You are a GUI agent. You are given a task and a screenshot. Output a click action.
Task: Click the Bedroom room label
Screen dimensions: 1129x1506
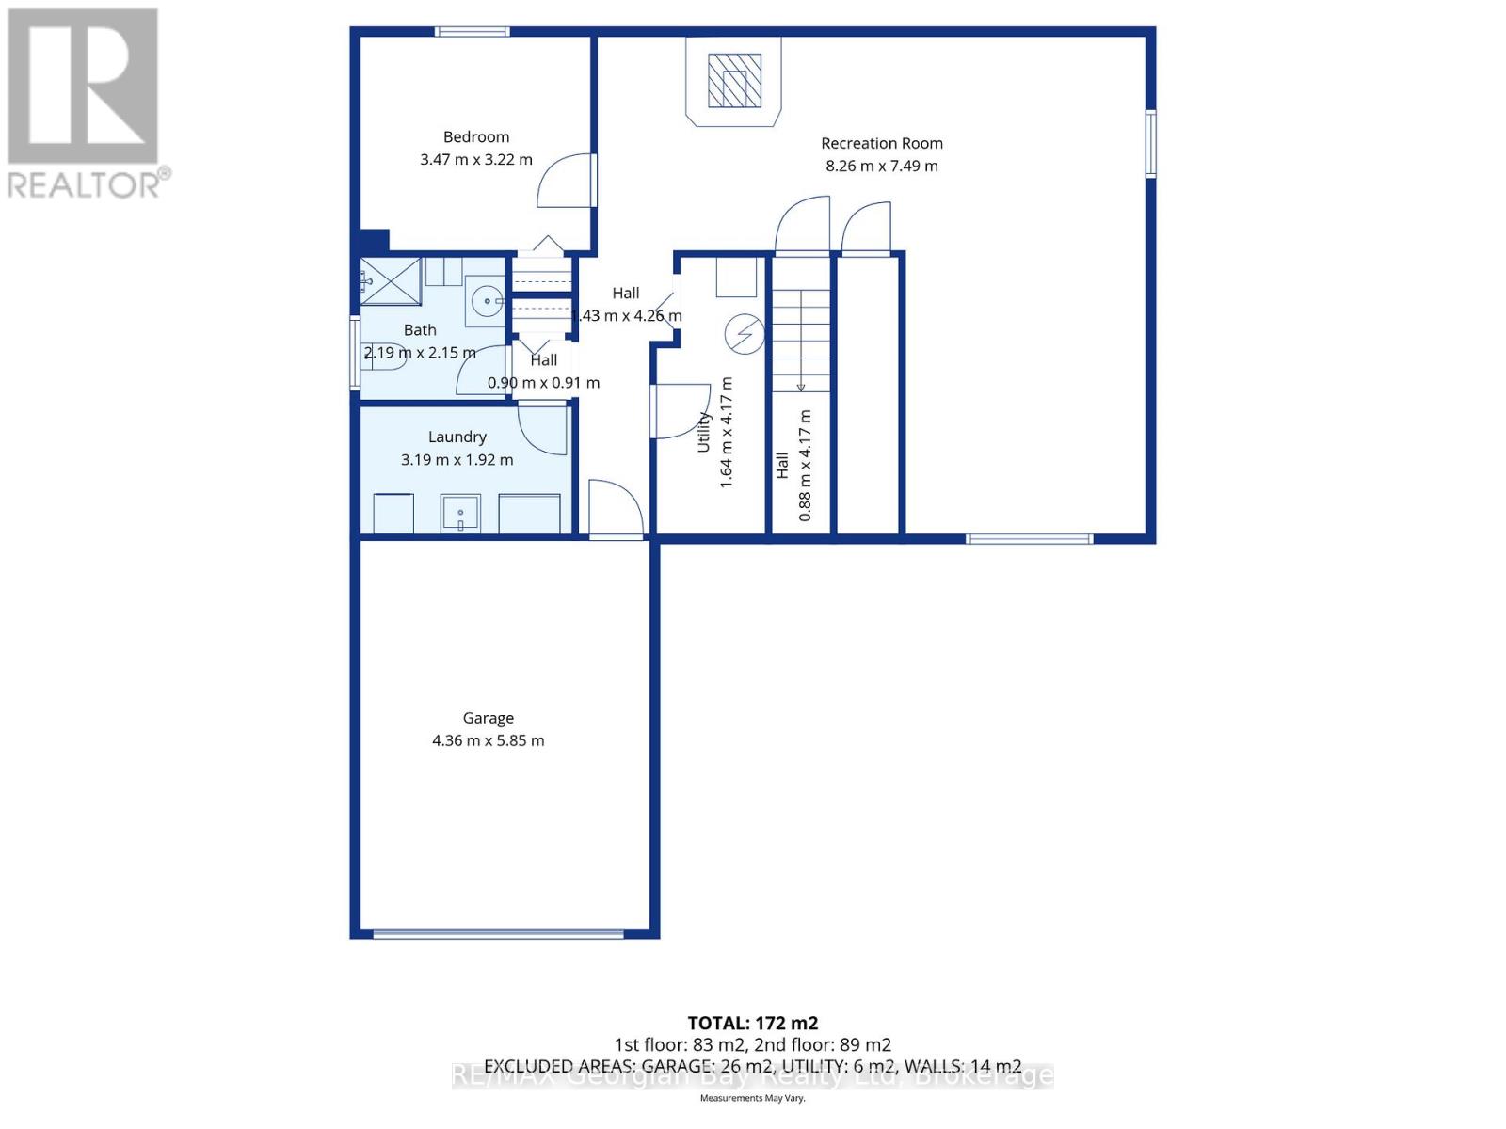pyautogui.click(x=476, y=137)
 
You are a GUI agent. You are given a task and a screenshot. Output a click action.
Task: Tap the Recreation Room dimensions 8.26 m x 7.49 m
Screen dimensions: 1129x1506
pyautogui.click(x=882, y=167)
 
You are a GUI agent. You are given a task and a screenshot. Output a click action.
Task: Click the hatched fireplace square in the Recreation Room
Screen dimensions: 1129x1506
pyautogui.click(x=734, y=81)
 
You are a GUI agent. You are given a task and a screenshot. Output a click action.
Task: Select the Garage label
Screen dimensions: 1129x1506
pyautogui.click(x=488, y=718)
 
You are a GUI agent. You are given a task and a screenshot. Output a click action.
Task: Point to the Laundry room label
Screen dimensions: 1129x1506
pyautogui.click(x=457, y=437)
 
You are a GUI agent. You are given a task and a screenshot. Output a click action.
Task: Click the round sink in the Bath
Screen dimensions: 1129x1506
pyautogui.click(x=488, y=302)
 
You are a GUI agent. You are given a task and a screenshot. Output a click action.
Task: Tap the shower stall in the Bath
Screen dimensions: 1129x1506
pyautogui.click(x=390, y=280)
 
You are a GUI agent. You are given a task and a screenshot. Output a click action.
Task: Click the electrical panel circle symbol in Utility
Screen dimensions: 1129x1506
pyautogui.click(x=744, y=333)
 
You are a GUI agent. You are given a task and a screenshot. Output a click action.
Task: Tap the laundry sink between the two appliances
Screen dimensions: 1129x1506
pyautogui.click(x=460, y=514)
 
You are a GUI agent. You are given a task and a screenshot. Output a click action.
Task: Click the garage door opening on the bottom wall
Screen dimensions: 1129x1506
pyautogui.click(x=498, y=933)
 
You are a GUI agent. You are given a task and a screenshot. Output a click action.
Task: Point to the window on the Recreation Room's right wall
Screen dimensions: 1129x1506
pyautogui.click(x=1150, y=143)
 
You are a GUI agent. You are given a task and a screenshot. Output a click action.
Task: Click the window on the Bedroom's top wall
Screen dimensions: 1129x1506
pyautogui.click(x=473, y=32)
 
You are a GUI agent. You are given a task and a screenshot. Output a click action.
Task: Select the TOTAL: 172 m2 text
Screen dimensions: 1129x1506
pyautogui.click(x=752, y=1023)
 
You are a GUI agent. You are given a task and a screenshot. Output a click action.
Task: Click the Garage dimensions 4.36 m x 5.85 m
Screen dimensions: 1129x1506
pyautogui.click(x=488, y=740)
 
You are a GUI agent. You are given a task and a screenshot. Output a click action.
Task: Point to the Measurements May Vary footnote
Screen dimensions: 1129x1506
pyautogui.click(x=752, y=1098)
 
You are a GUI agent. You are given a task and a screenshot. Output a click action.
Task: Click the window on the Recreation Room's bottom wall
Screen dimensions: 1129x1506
pyautogui.click(x=1029, y=539)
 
